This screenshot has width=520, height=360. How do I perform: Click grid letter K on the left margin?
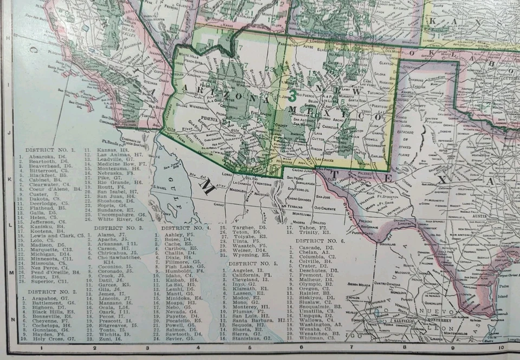point(7,178)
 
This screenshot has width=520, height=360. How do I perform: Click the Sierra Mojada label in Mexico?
point(357,284)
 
